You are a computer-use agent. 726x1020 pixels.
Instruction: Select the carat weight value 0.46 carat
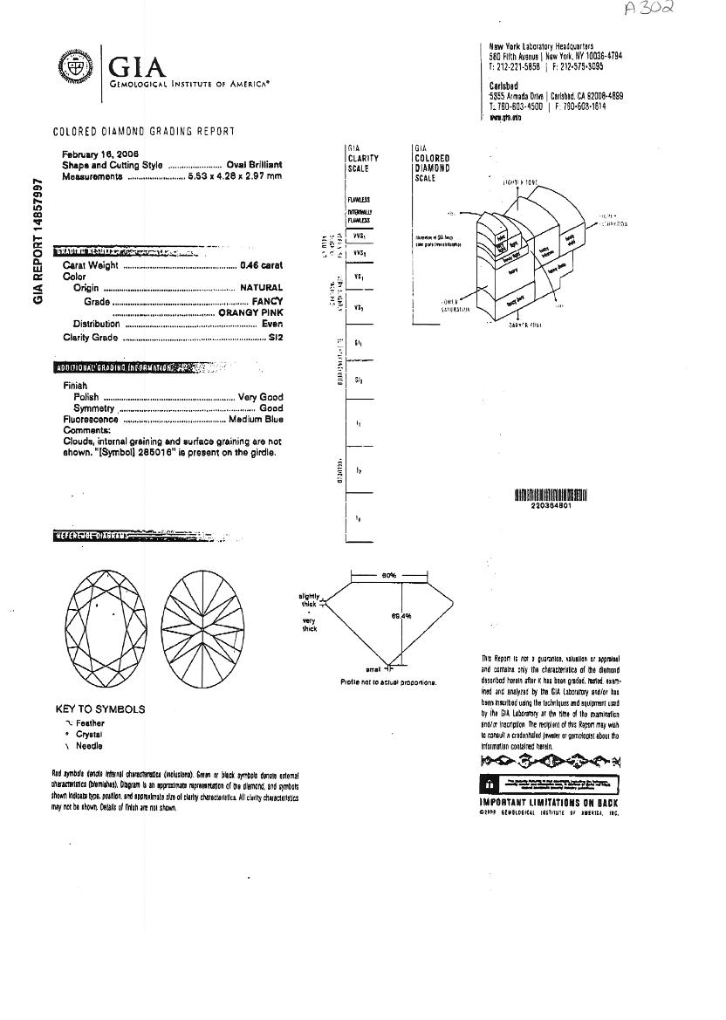(x=261, y=265)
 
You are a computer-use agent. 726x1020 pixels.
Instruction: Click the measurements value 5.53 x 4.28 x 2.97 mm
(x=235, y=176)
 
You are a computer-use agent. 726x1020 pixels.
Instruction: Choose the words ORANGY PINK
(x=250, y=311)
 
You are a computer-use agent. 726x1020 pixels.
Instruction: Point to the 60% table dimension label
(x=389, y=576)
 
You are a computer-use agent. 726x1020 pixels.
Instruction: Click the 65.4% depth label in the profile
(x=401, y=617)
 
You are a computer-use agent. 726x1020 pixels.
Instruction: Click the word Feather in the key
(x=90, y=723)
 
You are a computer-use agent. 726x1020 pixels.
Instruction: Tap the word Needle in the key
(x=89, y=746)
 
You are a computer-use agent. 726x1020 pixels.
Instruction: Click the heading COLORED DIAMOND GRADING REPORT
(x=144, y=132)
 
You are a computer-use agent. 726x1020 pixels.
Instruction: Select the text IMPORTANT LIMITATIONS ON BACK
(x=549, y=802)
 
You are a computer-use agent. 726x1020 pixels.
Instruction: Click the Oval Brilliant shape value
(x=254, y=165)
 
